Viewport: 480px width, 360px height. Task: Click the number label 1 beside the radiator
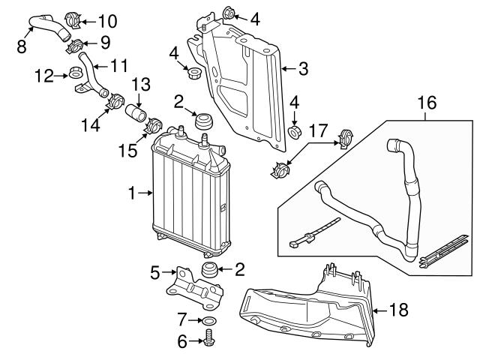click(x=133, y=193)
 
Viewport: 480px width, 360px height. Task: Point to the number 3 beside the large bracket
click(x=303, y=70)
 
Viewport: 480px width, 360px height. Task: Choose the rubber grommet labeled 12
click(x=75, y=73)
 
